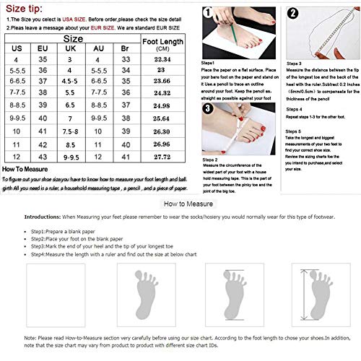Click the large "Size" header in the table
pos(72,38)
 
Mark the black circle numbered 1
pos(206,12)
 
